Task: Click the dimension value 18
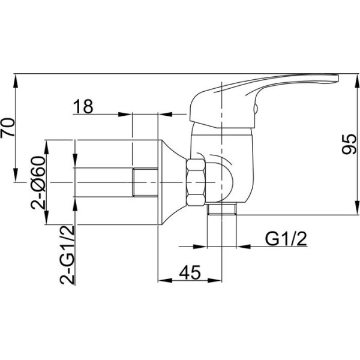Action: coord(83,106)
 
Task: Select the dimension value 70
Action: coord(7,128)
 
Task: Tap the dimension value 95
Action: coord(349,144)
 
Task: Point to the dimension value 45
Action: coord(190,272)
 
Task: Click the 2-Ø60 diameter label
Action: coord(38,183)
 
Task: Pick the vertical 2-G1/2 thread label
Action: coord(67,255)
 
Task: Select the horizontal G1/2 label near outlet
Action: coord(286,239)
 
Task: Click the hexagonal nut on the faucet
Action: coord(196,182)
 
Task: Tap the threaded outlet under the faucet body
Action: coord(222,209)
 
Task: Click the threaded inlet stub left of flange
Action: coord(145,182)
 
